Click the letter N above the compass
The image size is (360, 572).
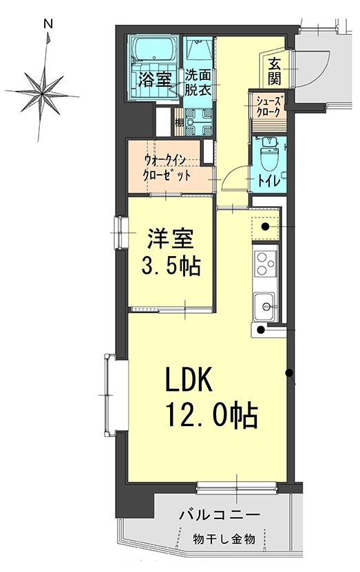coord(49,23)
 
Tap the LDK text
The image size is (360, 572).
coord(191,381)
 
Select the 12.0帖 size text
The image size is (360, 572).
coord(211,415)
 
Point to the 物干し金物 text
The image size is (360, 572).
coord(224,538)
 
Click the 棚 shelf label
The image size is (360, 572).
coord(178,123)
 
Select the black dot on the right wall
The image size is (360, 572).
coord(290,375)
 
